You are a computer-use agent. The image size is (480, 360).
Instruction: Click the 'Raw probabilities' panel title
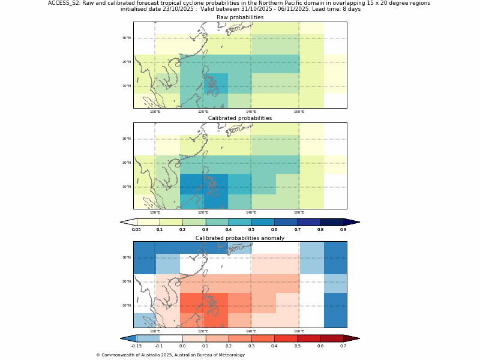[x=240, y=17]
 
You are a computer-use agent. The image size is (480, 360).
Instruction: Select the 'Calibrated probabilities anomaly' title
[x=240, y=238]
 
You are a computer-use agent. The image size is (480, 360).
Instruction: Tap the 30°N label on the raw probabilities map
[x=127, y=38]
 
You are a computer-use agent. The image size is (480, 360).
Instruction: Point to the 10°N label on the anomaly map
[x=127, y=305]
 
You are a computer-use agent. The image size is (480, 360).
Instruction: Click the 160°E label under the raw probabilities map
[x=299, y=112]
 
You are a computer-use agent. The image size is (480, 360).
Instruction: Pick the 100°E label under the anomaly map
[x=155, y=331]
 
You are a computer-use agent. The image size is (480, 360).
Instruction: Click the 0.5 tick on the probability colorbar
[x=251, y=230]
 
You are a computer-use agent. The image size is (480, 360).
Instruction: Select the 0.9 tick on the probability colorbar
[x=343, y=230]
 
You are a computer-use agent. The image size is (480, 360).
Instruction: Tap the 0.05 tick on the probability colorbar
[x=137, y=230]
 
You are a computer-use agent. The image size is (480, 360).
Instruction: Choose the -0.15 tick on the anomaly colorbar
[x=137, y=346]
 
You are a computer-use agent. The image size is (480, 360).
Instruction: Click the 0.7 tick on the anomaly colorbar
[x=343, y=346]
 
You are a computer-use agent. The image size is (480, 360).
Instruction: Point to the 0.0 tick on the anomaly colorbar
[x=182, y=346]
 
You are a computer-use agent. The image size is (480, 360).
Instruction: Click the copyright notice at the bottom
[x=170, y=355]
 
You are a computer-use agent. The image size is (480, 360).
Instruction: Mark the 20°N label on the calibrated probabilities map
[x=127, y=163]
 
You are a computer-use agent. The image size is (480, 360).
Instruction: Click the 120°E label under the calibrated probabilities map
[x=203, y=212]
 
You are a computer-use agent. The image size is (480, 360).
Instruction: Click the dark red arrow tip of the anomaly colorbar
[x=352, y=338]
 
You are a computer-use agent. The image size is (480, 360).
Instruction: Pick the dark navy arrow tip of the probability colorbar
[x=352, y=222]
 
